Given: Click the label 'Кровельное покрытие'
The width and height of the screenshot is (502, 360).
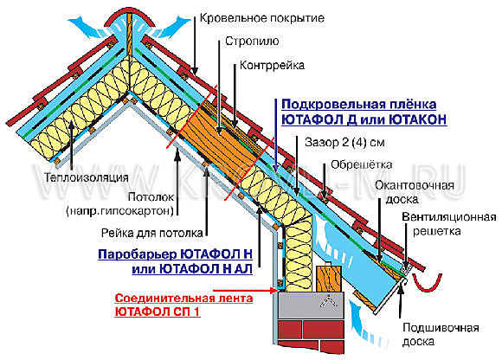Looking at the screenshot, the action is pos(262,17).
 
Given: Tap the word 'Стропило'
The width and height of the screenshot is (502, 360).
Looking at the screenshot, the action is pos(252,42).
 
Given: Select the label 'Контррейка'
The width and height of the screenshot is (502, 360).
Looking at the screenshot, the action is pos(272,65).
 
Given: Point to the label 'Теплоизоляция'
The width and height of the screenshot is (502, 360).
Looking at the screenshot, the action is pos(87,177).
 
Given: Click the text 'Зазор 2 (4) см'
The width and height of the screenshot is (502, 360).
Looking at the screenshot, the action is pos(344,142).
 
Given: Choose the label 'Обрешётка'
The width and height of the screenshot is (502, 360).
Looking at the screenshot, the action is pos(361,164).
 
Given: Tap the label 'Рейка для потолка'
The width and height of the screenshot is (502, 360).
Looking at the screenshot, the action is pos(152,233).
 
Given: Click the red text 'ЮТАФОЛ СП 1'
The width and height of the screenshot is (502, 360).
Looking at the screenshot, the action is pos(158,312).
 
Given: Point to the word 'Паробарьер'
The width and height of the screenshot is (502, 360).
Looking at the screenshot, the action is pos(138,254).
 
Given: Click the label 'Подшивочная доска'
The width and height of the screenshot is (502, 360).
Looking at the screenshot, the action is pos(441,335).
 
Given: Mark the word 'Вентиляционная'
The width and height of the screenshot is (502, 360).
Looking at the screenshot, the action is pos(449,217).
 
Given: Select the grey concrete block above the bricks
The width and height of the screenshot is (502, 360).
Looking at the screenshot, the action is pos(310,305).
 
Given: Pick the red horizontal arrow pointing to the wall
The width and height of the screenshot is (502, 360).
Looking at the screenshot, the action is pos(245,291).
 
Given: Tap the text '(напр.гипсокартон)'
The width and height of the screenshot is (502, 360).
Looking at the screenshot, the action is pos(120,211).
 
